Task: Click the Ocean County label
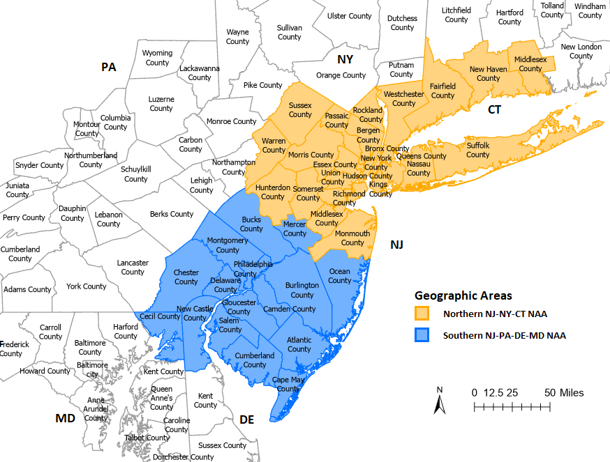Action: tap(340, 276)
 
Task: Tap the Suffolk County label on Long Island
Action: tap(478, 150)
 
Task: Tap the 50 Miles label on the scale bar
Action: tap(564, 393)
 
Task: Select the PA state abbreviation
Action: tap(108, 67)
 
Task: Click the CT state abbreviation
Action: tap(494, 109)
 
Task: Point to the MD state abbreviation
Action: tap(65, 418)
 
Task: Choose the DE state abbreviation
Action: tap(247, 419)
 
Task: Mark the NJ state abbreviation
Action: tap(396, 245)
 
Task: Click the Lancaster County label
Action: tap(133, 268)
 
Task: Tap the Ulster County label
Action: tap(350, 16)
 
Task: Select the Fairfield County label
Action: tap(442, 91)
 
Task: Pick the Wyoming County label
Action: tap(157, 58)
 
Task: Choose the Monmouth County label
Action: tap(352, 238)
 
